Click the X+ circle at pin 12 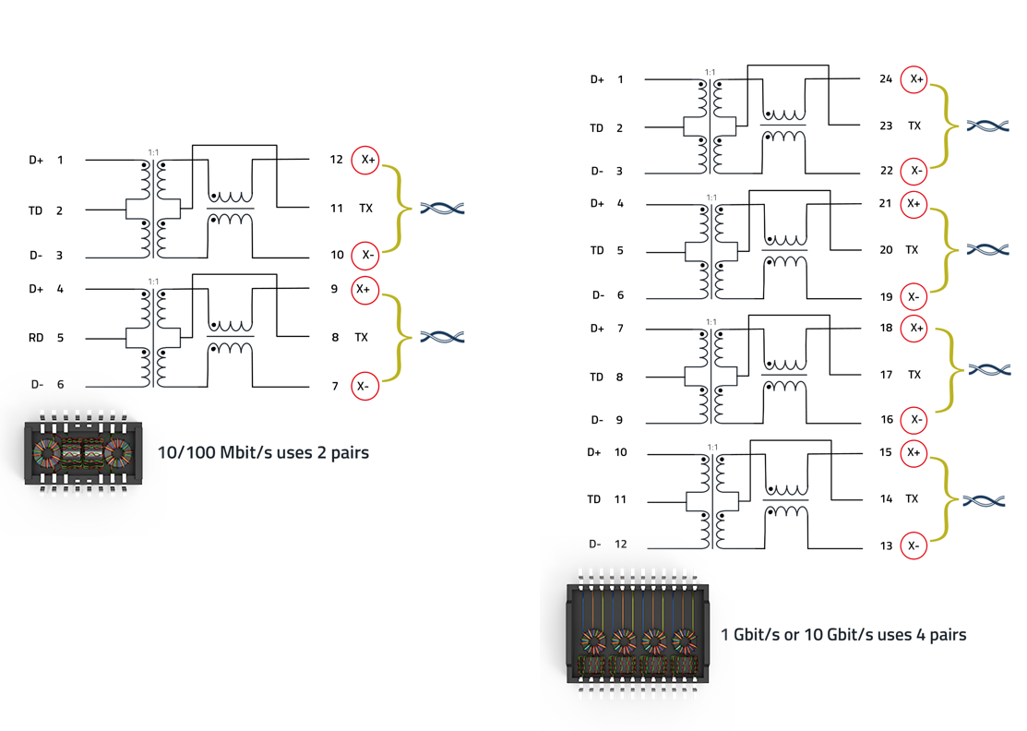[366, 160]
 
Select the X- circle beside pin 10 [366, 255]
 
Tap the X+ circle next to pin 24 [914, 79]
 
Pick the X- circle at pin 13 [914, 546]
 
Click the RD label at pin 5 [36, 338]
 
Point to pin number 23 [886, 126]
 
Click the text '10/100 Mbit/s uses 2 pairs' [263, 453]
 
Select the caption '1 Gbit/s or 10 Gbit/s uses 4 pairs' [843, 635]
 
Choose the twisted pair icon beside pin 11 [442, 209]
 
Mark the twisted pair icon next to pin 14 [984, 500]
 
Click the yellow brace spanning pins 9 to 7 [395, 338]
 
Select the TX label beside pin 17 [914, 375]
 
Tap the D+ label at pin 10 [594, 452]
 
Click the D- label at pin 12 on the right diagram [595, 544]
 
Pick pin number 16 [886, 420]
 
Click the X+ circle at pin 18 [914, 329]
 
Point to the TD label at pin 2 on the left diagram [35, 210]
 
